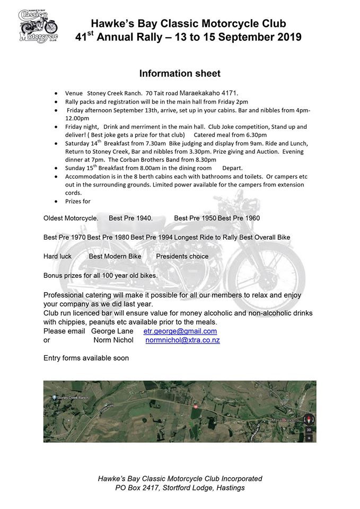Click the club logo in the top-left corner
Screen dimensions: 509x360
(x=38, y=25)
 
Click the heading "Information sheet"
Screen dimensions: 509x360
(x=180, y=73)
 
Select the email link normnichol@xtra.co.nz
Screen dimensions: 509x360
(x=182, y=340)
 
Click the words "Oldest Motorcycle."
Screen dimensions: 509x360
(x=71, y=218)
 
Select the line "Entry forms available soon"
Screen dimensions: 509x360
(x=86, y=358)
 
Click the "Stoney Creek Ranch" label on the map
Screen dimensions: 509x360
(x=76, y=398)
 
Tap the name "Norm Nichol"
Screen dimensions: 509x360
(x=113, y=340)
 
